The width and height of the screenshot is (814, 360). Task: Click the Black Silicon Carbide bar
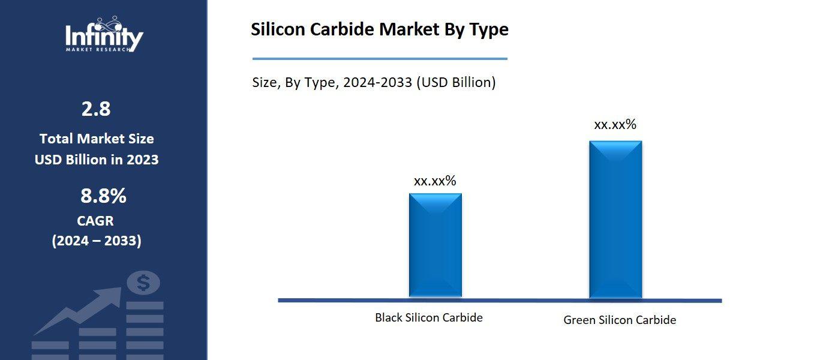435,245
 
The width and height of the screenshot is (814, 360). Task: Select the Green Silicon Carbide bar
615,219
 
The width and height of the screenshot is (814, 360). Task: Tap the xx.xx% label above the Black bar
435,181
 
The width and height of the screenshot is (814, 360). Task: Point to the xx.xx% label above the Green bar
615,125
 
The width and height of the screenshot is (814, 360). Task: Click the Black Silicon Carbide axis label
428,317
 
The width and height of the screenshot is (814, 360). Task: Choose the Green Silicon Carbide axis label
619,320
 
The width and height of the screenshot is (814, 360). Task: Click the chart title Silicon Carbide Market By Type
379,29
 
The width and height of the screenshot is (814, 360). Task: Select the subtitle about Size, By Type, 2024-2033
374,82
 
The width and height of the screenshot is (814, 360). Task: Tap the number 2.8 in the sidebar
96,109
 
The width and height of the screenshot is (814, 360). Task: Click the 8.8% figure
103,196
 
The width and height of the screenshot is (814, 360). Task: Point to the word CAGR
96,221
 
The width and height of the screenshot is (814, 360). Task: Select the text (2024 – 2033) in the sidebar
97,241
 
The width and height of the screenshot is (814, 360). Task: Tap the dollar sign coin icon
143,283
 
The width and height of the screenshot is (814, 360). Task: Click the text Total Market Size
97,139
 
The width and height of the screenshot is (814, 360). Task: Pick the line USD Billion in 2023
97,160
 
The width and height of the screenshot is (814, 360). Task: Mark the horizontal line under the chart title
379,59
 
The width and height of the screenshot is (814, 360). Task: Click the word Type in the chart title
488,29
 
